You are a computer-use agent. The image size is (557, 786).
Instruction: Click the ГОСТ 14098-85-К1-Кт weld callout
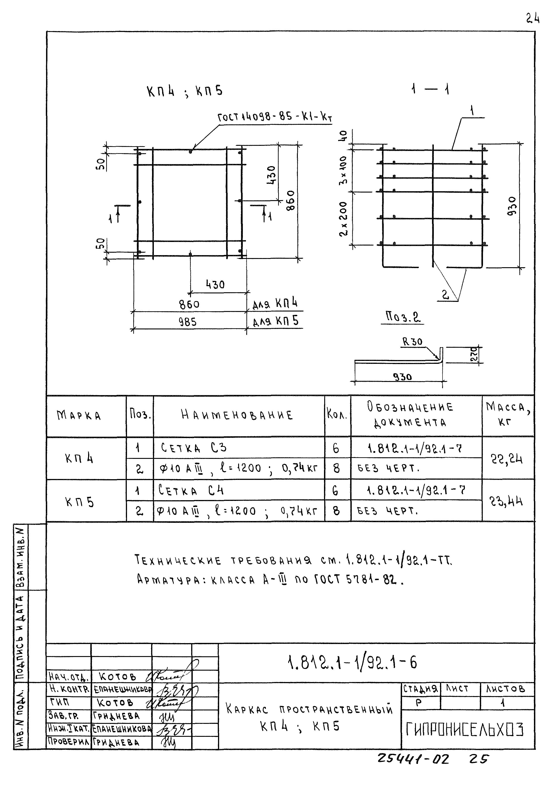[275, 118]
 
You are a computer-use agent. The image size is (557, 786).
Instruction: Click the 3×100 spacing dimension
[343, 170]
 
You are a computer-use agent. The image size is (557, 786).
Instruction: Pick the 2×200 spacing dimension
[343, 218]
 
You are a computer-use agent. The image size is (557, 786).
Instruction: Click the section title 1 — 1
[430, 90]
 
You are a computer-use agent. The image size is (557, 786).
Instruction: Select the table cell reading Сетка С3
[194, 448]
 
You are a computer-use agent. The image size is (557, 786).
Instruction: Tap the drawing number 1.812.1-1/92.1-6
[352, 663]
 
